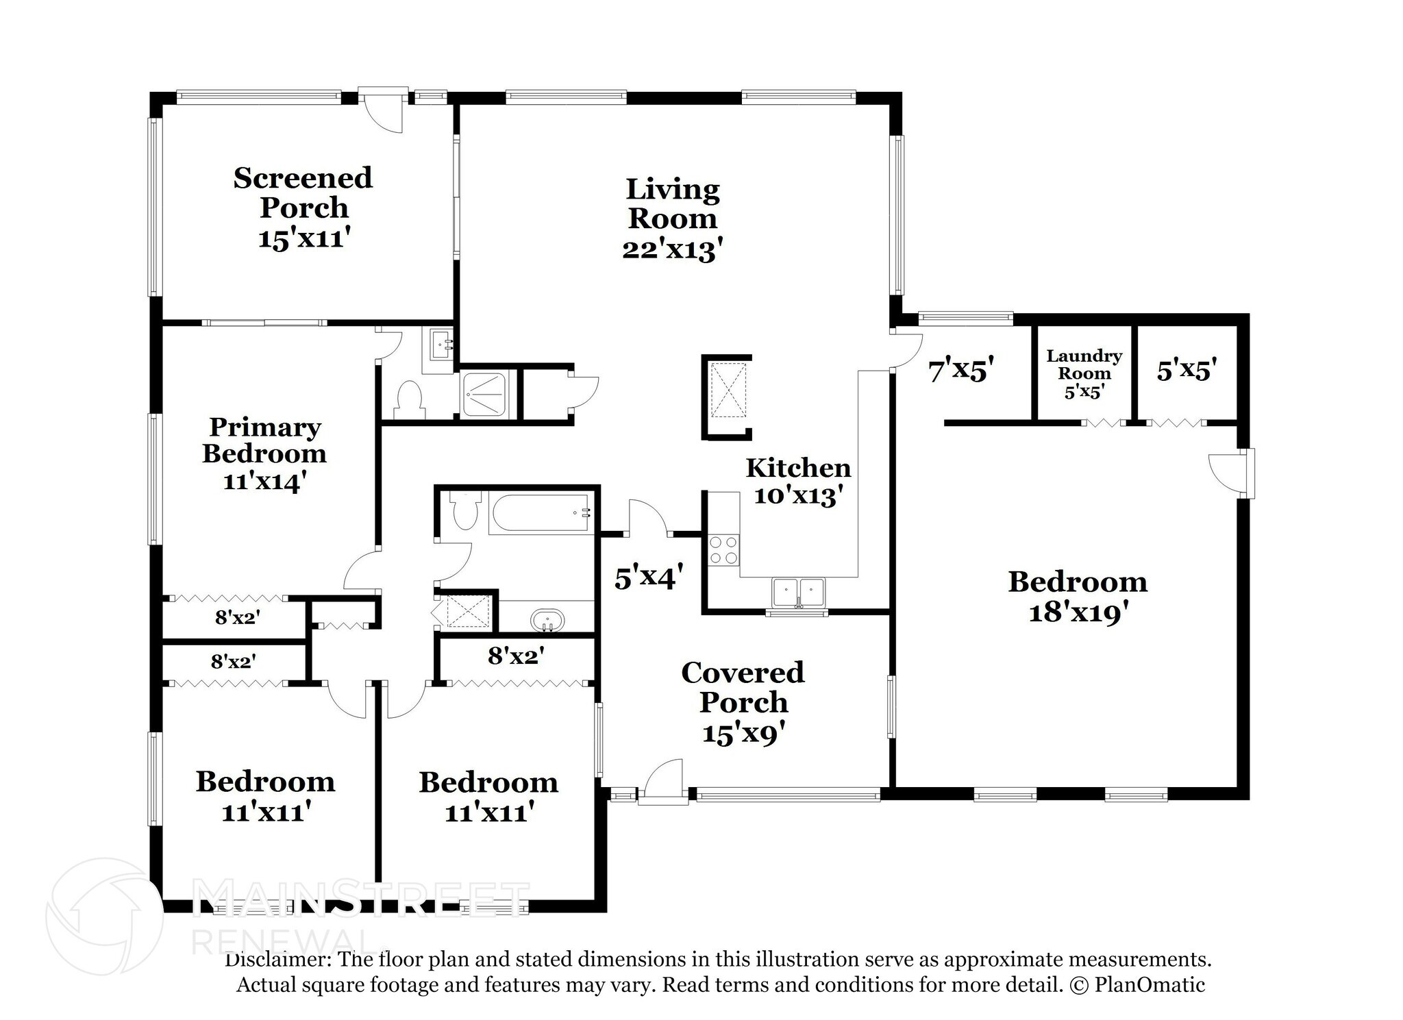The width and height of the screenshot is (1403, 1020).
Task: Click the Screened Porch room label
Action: (303, 192)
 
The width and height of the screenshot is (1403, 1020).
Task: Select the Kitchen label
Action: (798, 468)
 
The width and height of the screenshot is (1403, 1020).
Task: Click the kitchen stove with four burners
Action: (725, 550)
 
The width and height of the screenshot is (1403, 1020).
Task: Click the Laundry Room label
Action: (1084, 364)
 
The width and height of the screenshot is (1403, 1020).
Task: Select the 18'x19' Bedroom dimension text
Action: (1078, 612)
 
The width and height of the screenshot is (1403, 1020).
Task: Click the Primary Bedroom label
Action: (264, 440)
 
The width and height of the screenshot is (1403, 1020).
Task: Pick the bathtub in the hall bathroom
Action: (540, 514)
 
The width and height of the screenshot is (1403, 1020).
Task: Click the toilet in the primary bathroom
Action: (410, 399)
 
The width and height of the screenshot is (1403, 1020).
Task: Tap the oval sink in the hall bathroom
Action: (547, 621)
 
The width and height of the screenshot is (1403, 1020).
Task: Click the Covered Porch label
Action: (743, 687)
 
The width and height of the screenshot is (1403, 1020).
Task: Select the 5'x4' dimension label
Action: (648, 579)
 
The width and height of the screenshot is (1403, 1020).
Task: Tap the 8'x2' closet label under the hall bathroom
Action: (516, 656)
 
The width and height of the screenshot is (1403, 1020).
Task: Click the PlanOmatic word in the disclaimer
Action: (1150, 985)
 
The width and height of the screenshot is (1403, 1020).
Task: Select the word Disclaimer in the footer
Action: (279, 959)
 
